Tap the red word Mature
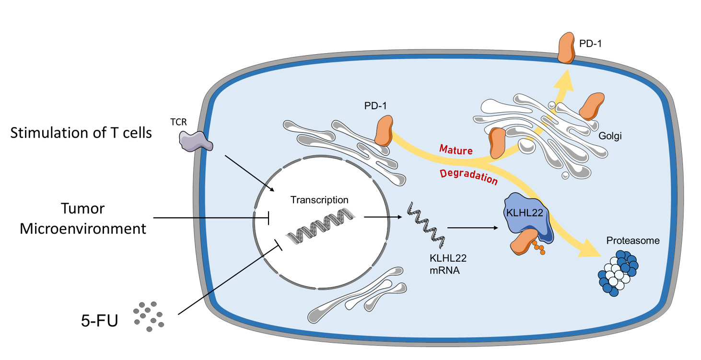(456, 150)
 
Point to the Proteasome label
(632, 240)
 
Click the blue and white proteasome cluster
(619, 275)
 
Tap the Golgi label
(610, 136)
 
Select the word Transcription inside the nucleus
(319, 199)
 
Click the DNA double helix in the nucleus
(321, 225)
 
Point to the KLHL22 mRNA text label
(448, 264)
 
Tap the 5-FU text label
(100, 320)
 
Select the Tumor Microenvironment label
(82, 219)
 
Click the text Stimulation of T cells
(81, 132)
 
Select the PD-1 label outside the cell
(590, 44)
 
